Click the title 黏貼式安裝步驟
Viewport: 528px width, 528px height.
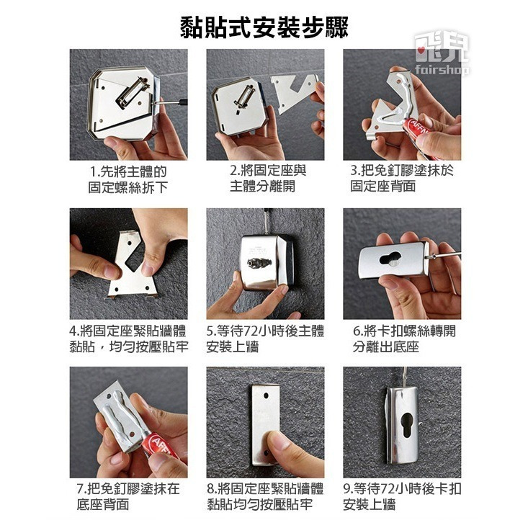[x=264, y=27]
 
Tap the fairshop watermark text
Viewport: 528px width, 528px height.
[x=442, y=69]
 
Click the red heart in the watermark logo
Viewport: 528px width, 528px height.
[x=420, y=50]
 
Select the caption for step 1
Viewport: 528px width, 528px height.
[x=128, y=179]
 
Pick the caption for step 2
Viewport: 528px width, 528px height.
[x=268, y=179]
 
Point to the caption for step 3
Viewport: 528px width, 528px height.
[x=402, y=179]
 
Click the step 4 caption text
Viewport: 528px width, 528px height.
[x=129, y=339]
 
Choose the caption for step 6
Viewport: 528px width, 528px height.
[x=404, y=339]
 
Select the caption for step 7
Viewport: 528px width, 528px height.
[x=128, y=497]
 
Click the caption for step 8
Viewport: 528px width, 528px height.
[x=265, y=497]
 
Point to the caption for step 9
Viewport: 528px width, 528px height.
[x=402, y=497]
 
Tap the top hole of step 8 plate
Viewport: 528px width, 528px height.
[x=266, y=395]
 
